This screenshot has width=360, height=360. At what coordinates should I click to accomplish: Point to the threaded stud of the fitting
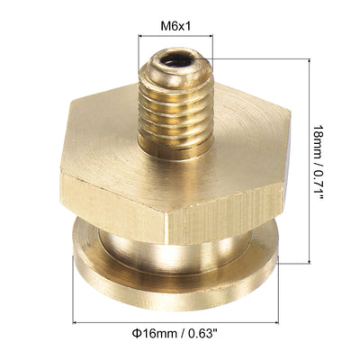coord(177,108)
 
